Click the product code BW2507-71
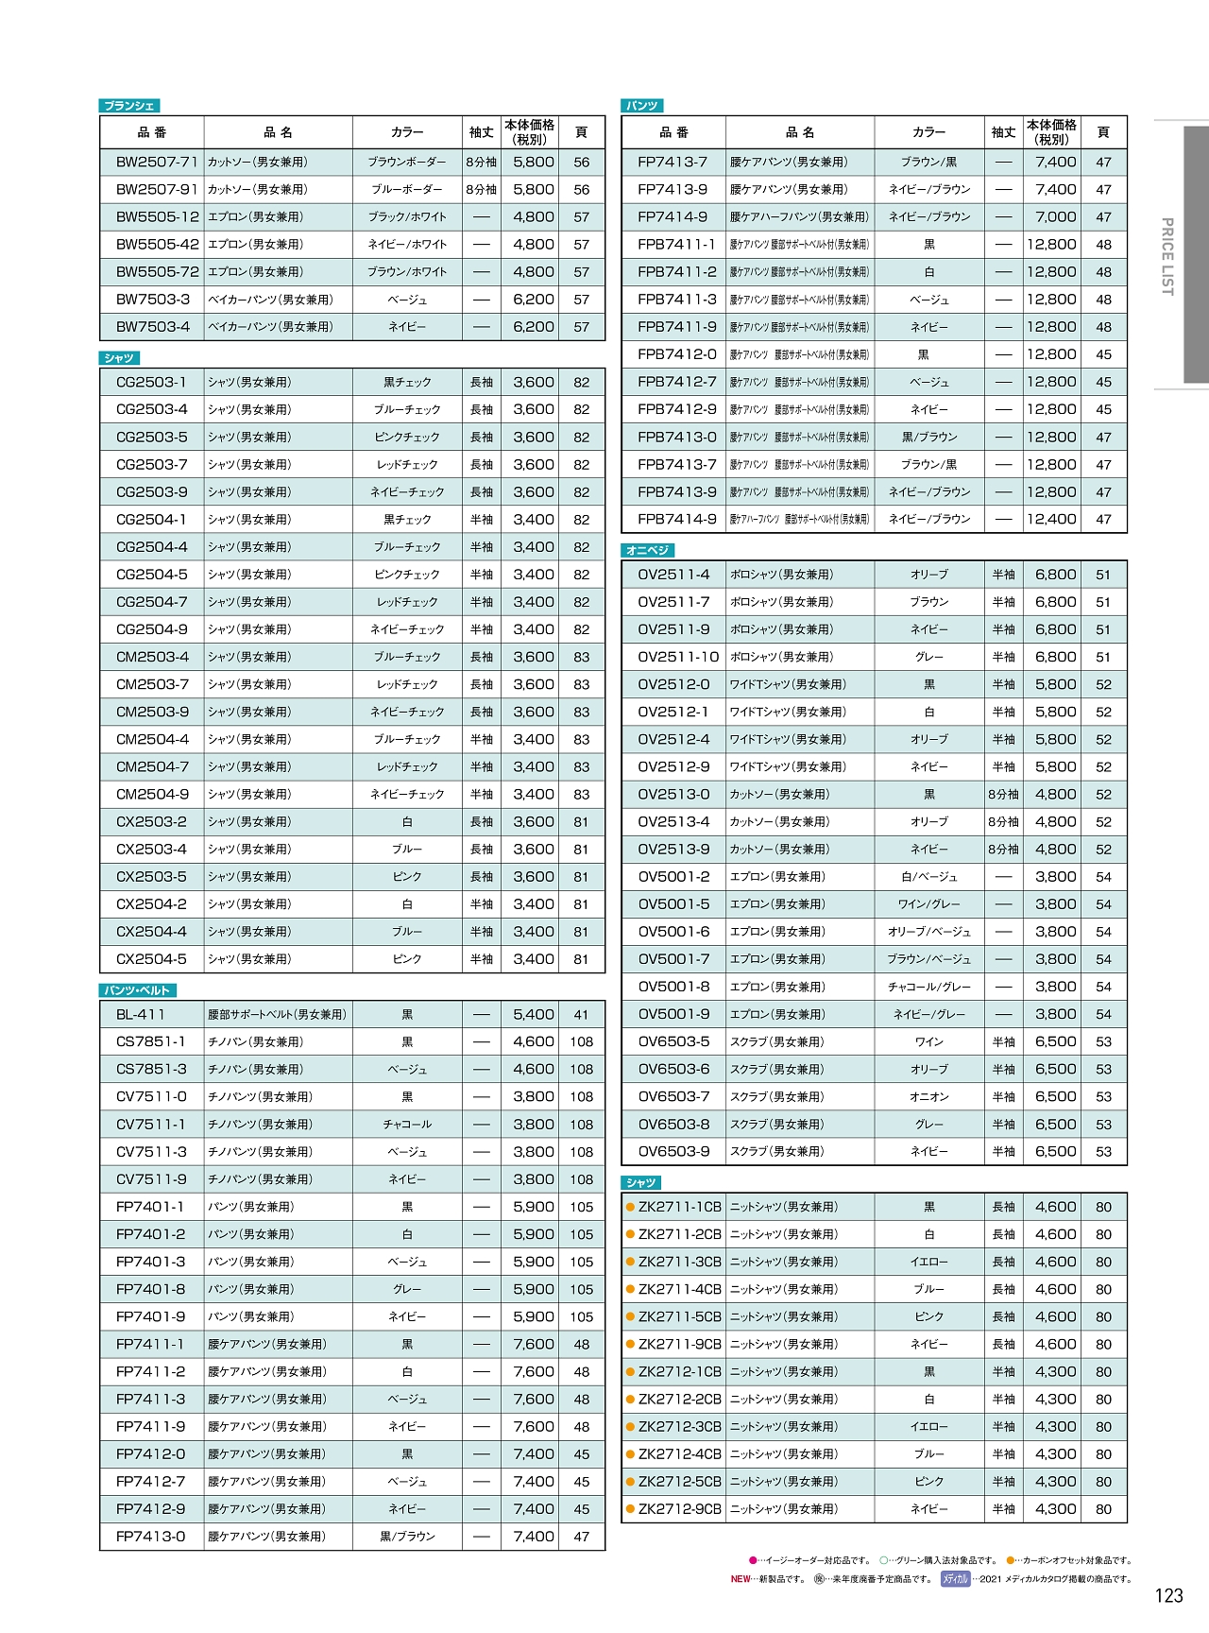tap(157, 162)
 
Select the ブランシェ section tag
tap(129, 106)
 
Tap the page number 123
tap(1168, 1595)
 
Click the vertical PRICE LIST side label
tap(1166, 256)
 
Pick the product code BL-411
tap(141, 1014)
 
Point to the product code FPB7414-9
tap(677, 519)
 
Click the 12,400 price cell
tap(1051, 519)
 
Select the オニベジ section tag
tap(648, 550)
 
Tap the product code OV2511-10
tap(678, 657)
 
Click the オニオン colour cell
tap(928, 1097)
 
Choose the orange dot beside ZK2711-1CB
tap(630, 1207)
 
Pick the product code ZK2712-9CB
tap(679, 1509)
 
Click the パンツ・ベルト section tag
tap(137, 990)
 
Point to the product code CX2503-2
tap(151, 821)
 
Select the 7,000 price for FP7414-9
tap(1055, 216)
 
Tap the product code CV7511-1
tap(151, 1125)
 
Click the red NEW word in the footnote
tap(741, 1579)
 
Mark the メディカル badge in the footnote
tap(955, 1579)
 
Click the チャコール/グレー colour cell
tap(928, 987)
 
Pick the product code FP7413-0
tap(151, 1537)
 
